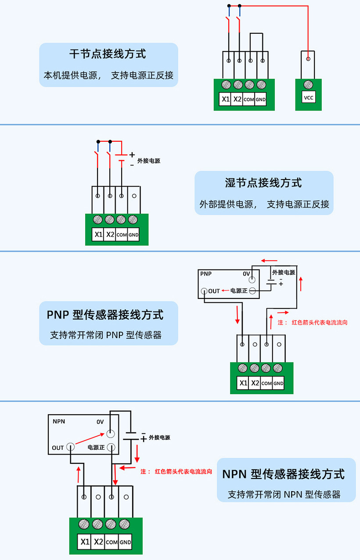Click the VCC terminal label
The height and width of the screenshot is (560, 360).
pyautogui.click(x=309, y=98)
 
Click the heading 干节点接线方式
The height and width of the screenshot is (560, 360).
pyautogui.click(x=108, y=54)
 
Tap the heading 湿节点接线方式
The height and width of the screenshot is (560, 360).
pyautogui.click(x=263, y=183)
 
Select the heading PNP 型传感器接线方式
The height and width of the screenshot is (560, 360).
pyautogui.click(x=105, y=315)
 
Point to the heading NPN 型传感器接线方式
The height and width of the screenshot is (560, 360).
pyautogui.click(x=283, y=474)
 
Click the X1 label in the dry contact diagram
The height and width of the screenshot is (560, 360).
pyautogui.click(x=226, y=99)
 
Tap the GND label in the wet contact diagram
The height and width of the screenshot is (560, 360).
pyautogui.click(x=133, y=235)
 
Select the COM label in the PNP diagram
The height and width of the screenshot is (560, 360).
pyautogui.click(x=266, y=383)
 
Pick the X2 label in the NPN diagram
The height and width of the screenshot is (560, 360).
pyautogui.click(x=98, y=542)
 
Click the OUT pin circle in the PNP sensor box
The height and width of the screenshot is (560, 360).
pyautogui.click(x=204, y=291)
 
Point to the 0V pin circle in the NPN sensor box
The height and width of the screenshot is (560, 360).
pyautogui.click(x=111, y=434)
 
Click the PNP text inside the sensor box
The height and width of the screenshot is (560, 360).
pyautogui.click(x=206, y=274)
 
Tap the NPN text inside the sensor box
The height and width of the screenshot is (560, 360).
pyautogui.click(x=59, y=421)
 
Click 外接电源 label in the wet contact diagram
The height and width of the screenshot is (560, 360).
pyautogui.click(x=148, y=161)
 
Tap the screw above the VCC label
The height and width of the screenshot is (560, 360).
pyautogui.click(x=309, y=84)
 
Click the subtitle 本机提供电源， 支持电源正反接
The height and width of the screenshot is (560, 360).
pyautogui.click(x=108, y=75)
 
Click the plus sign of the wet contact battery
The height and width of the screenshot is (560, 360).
pyautogui.click(x=132, y=155)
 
